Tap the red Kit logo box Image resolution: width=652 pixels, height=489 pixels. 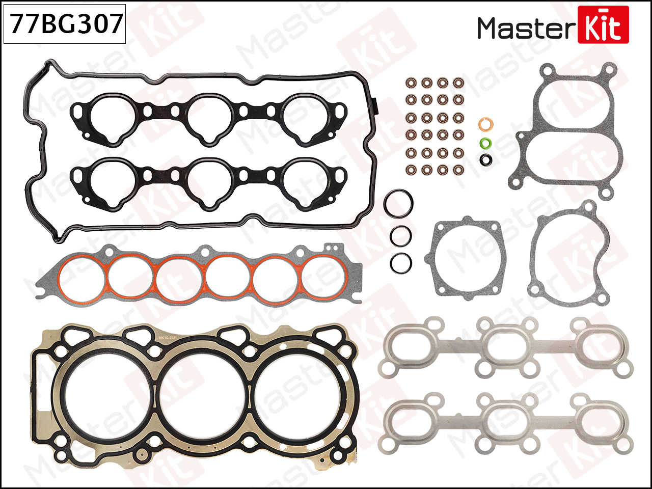[x=603, y=24]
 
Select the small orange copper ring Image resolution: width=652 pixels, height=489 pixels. [x=485, y=124]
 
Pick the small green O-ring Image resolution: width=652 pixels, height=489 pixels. [x=485, y=144]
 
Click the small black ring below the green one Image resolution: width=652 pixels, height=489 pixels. [x=485, y=160]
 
